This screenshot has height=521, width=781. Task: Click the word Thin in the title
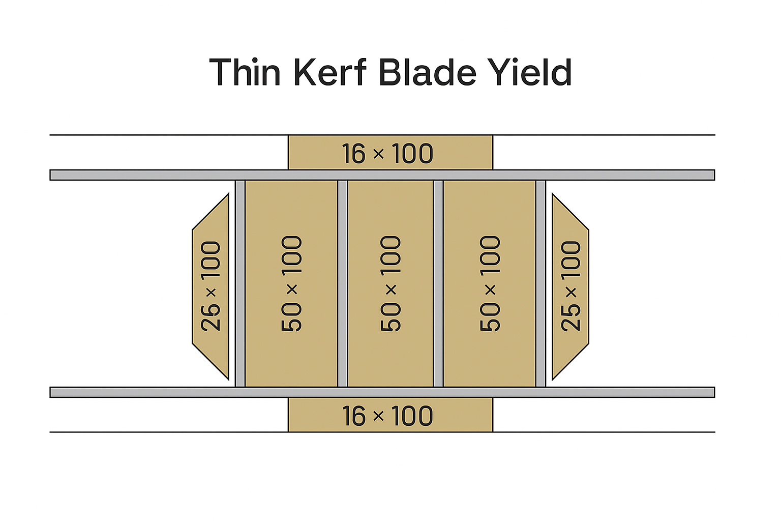tap(245, 72)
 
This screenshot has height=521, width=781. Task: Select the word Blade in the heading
tap(427, 72)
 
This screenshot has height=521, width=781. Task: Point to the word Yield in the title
tap(530, 72)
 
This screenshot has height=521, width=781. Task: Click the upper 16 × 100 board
tap(390, 153)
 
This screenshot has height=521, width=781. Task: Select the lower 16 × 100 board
tap(390, 415)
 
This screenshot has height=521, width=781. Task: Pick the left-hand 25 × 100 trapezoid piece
tap(211, 286)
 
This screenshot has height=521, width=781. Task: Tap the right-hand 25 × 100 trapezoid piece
tap(570, 286)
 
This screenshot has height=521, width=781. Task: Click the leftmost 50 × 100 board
tap(291, 283)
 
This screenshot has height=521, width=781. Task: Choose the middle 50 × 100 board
tap(390, 283)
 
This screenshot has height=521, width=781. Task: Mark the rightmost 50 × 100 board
tap(489, 283)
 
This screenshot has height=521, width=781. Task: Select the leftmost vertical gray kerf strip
tap(240, 283)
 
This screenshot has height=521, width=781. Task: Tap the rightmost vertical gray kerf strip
tap(540, 283)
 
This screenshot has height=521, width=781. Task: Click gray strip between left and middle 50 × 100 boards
tap(343, 283)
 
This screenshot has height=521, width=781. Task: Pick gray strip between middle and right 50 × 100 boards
tap(438, 283)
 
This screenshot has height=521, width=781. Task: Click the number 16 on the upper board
tap(353, 154)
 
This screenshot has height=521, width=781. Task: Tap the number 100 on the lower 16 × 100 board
tap(412, 416)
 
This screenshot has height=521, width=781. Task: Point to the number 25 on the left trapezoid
tap(211, 317)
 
